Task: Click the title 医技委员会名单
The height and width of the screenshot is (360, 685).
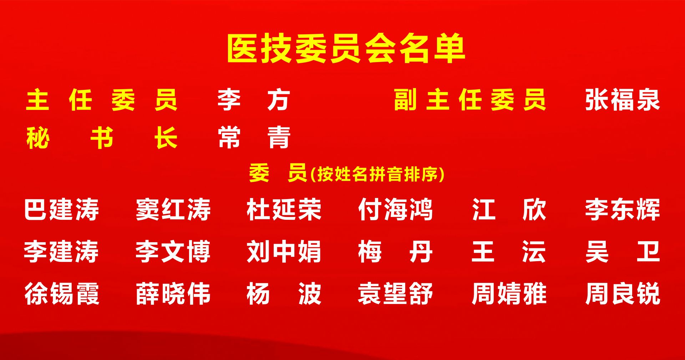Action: point(346,49)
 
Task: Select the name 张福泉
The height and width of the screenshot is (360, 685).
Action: point(623,100)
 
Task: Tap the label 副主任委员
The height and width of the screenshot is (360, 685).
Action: point(470,100)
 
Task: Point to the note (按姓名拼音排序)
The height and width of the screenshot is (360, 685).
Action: point(377,174)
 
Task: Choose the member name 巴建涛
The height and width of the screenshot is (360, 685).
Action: point(61,209)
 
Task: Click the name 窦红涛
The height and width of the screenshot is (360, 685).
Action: point(173,209)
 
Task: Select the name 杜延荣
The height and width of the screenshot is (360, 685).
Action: point(284,209)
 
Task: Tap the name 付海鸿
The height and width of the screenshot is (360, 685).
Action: point(395,209)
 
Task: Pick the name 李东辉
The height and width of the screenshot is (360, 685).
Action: point(623,209)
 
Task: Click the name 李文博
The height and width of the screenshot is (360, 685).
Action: point(173,252)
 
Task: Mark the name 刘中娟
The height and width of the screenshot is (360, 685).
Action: point(284,252)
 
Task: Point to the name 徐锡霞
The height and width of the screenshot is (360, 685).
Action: point(61,294)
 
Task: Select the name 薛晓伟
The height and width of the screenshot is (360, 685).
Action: point(173,294)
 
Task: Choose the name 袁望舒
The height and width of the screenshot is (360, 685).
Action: point(395,294)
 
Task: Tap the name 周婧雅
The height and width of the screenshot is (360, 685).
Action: point(509,294)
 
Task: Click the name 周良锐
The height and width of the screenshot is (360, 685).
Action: point(623,294)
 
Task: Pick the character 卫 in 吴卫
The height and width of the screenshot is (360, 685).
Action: point(648,252)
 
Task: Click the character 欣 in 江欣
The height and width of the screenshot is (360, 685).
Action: point(534,209)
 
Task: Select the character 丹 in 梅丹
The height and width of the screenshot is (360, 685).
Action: point(421,252)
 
